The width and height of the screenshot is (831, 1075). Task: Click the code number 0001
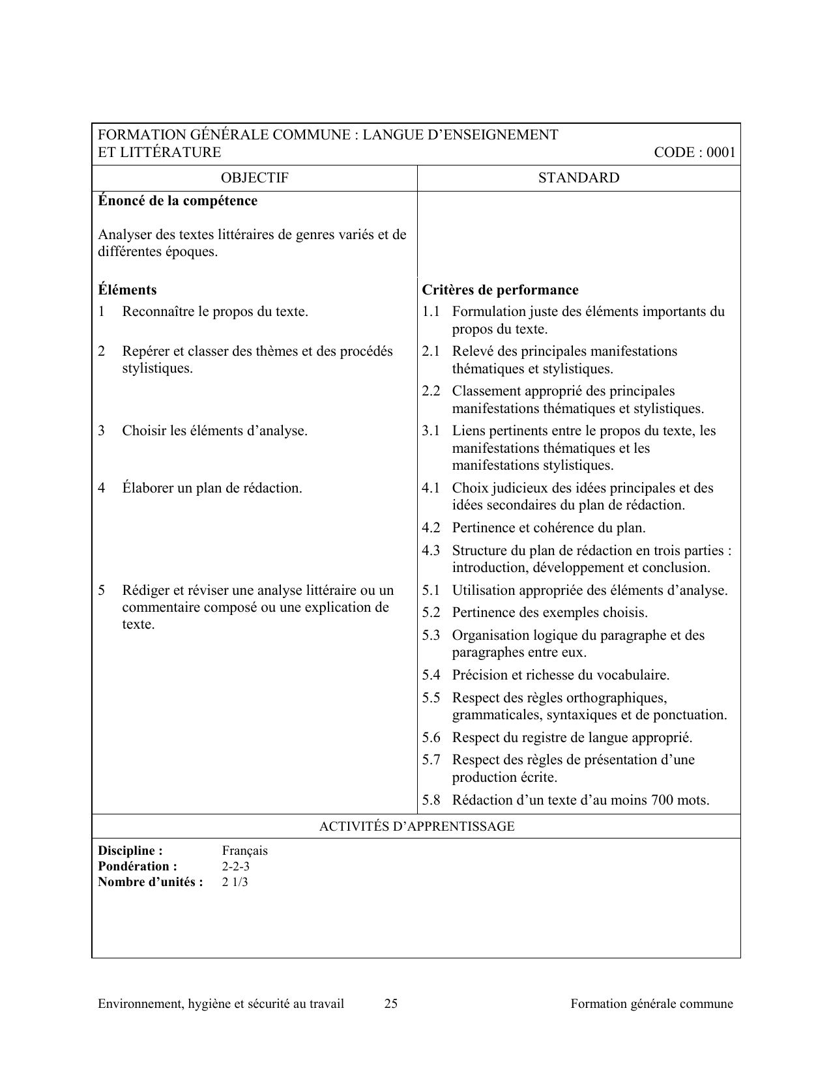721,152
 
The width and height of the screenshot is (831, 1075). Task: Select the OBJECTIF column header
254,178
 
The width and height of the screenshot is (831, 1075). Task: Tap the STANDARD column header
579,178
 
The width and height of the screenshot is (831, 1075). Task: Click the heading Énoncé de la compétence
177,201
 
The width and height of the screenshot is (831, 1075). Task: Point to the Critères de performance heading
500,290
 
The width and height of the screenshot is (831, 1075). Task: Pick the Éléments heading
127,290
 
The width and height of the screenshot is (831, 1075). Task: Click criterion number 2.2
431,391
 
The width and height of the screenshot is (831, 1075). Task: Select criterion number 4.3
431,551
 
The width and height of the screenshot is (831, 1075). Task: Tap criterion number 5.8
431,800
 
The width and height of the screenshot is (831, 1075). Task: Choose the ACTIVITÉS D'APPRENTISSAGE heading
416,827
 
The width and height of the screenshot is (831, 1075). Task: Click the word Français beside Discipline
244,851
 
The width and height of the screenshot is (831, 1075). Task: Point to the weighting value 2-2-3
235,867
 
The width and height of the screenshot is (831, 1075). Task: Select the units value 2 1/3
235,882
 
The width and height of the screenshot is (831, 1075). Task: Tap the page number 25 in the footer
391,1004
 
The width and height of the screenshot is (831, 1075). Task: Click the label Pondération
138,867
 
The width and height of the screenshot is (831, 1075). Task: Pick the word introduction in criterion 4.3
489,567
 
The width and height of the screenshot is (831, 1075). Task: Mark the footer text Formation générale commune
652,1004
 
